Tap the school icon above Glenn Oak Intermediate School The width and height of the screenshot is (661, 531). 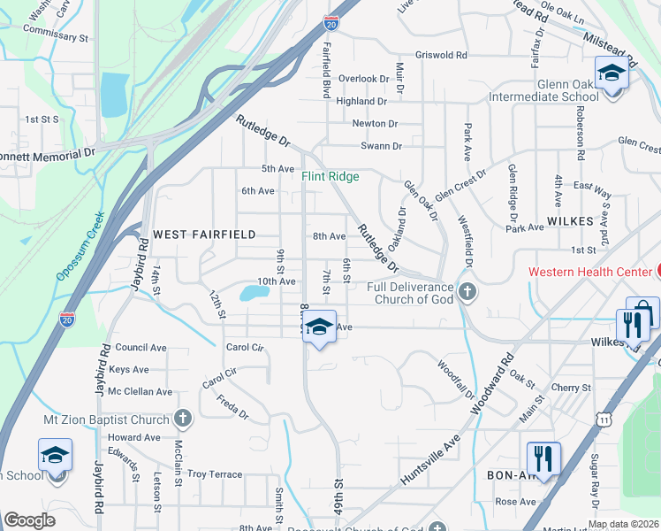click(x=611, y=73)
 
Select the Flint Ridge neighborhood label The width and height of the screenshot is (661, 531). click(x=330, y=176)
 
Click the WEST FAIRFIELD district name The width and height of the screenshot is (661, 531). click(x=204, y=235)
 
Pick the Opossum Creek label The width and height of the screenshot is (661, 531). click(x=80, y=246)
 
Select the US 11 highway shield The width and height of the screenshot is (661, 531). click(x=604, y=415)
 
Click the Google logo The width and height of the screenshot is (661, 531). click(x=29, y=520)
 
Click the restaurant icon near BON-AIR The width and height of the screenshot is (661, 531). click(x=543, y=458)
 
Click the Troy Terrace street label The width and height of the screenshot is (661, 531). click(x=214, y=474)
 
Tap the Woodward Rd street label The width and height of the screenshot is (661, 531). click(x=493, y=385)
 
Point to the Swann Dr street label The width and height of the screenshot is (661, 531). click(x=381, y=146)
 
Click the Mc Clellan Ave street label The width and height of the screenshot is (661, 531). click(x=140, y=391)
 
